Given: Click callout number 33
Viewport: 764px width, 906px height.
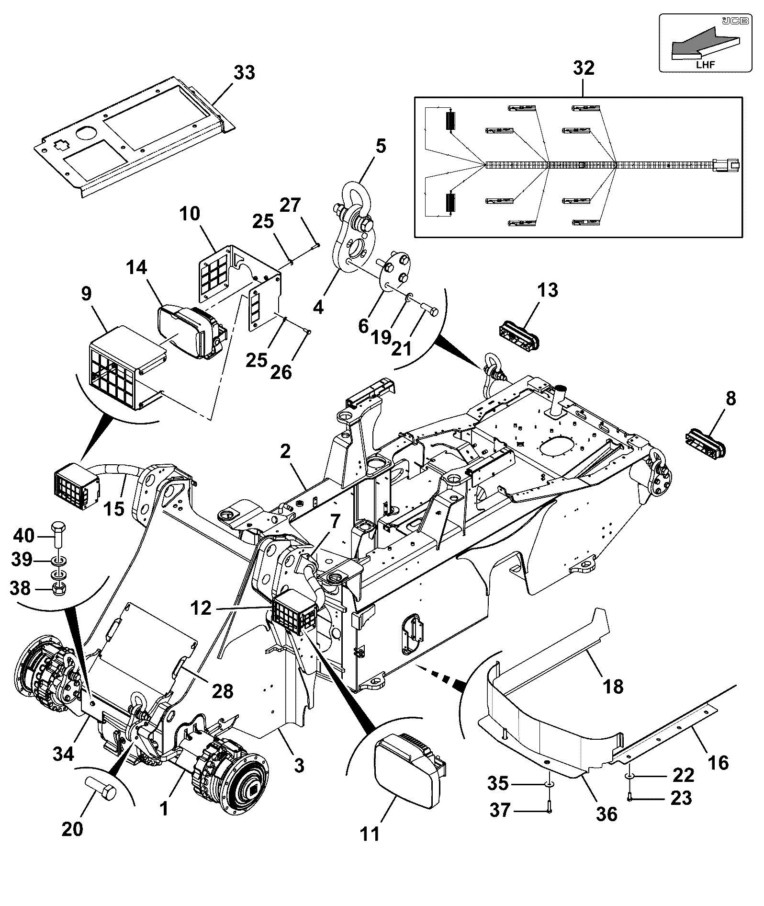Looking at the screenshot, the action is click(x=244, y=73).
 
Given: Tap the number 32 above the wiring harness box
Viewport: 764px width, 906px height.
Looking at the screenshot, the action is click(x=584, y=68).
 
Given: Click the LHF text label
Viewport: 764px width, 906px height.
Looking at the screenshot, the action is click(x=706, y=64).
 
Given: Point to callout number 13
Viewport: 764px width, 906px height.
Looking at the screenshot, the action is click(x=547, y=290).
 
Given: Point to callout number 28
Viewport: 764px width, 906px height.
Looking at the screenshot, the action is click(x=223, y=690).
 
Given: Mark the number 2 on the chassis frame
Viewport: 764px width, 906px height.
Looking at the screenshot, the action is click(x=286, y=451).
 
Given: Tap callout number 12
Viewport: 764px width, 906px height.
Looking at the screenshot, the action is click(x=201, y=608).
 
